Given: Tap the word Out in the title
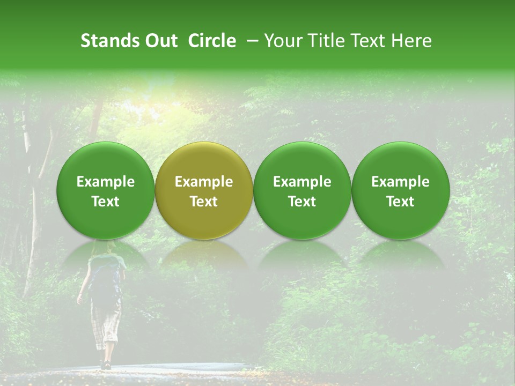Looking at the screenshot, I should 160,41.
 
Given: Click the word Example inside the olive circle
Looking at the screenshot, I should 204,182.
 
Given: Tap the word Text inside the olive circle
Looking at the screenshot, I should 204,202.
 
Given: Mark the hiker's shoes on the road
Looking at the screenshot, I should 106,365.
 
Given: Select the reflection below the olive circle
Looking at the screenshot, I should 203,254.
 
